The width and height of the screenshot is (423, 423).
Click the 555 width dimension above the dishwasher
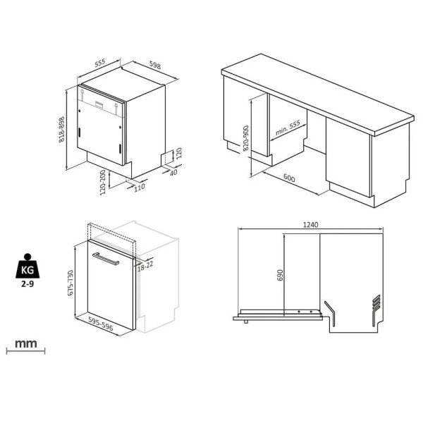coord(100,63)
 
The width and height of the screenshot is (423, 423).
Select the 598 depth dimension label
coord(155,66)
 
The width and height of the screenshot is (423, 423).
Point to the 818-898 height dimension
coord(62,130)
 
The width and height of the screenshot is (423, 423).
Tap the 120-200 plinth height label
coord(103,183)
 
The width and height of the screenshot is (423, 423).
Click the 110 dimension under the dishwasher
coord(140,188)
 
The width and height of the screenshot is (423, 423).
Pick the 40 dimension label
coord(173,172)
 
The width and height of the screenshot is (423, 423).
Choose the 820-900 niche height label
coord(246,138)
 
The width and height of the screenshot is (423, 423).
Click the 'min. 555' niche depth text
coord(288,128)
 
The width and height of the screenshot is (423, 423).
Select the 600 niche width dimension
coord(289,178)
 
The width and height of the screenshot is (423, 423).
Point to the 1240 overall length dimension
coord(310,225)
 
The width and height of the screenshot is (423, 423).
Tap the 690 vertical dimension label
coord(280,275)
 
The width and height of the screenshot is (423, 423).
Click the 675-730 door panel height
coord(70,283)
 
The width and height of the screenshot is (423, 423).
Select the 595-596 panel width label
coord(101,323)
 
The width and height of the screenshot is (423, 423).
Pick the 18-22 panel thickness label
coord(145,266)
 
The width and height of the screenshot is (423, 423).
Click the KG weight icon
coord(27,266)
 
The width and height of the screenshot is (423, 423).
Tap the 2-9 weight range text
coord(27,284)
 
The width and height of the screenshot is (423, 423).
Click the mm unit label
coord(26,344)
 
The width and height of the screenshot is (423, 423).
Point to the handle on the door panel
coord(106,259)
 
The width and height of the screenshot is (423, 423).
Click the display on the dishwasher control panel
coord(99,104)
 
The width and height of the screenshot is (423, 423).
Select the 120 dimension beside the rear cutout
coord(179,153)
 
